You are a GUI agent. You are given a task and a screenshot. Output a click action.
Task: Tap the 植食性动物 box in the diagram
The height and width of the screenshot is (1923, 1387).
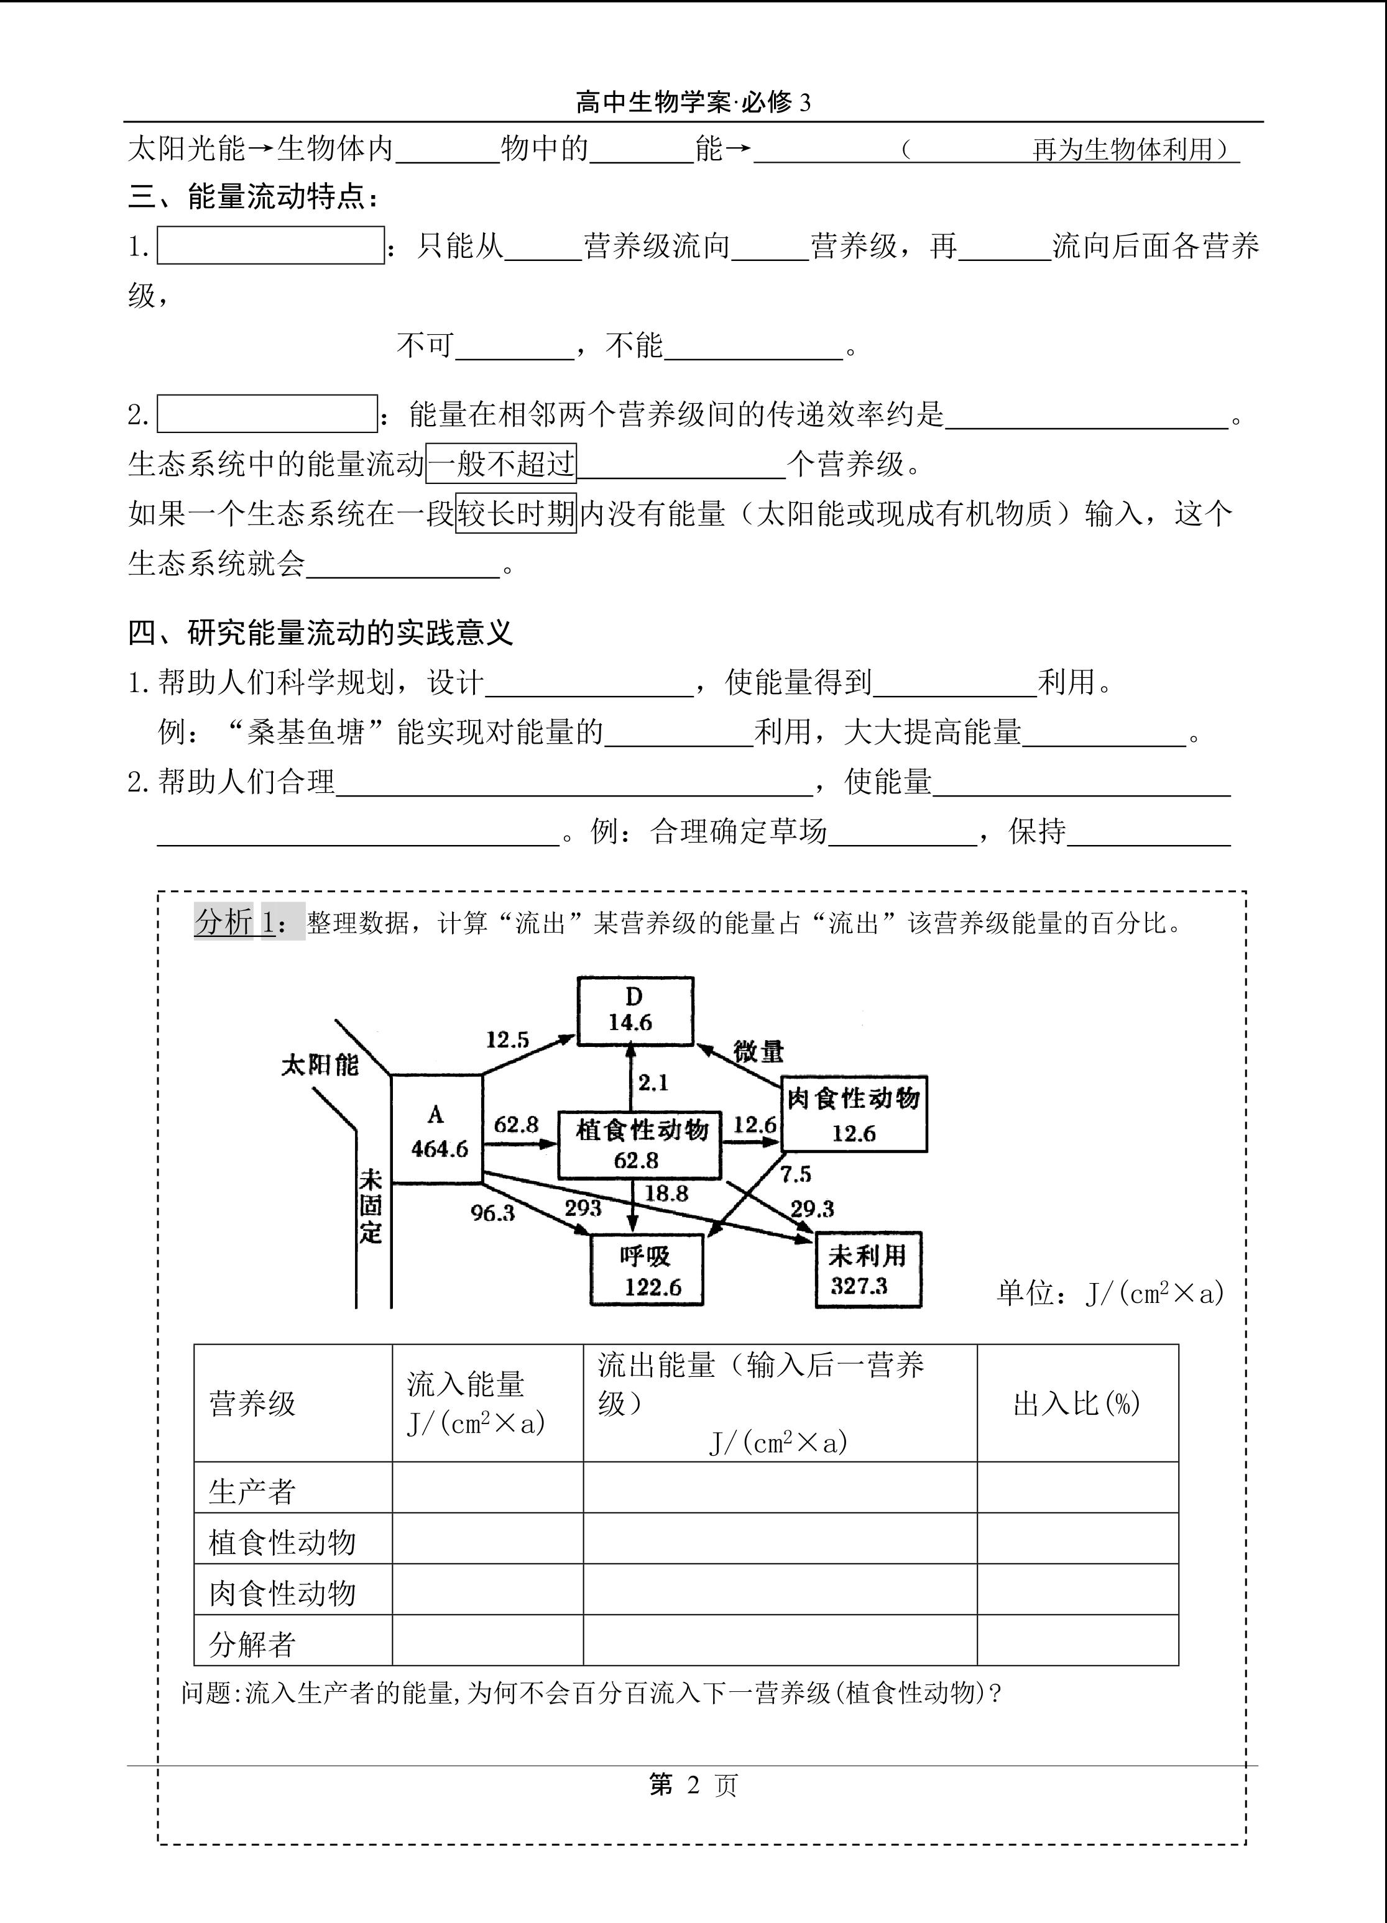coord(640,1144)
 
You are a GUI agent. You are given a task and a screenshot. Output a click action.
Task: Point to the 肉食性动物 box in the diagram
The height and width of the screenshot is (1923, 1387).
coord(854,1113)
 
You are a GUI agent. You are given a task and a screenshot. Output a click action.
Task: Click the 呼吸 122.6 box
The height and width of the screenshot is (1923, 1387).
coord(647,1269)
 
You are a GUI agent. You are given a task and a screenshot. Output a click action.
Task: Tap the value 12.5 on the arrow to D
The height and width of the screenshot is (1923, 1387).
coord(507,1039)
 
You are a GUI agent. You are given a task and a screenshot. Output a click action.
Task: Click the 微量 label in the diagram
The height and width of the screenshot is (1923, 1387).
coord(758,1051)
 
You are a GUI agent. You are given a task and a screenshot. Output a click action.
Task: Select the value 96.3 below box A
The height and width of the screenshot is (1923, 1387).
coord(493,1212)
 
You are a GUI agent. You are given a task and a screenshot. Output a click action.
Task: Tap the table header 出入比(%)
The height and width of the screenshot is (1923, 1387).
coord(1077,1403)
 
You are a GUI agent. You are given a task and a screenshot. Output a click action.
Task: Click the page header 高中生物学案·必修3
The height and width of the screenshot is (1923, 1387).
coord(693,103)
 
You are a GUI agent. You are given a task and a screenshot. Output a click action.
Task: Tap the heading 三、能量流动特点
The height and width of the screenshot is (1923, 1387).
coord(253,198)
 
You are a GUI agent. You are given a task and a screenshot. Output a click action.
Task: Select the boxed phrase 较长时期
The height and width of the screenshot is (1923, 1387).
coord(516,513)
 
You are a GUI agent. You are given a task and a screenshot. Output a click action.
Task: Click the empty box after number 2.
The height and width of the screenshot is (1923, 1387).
coord(267,414)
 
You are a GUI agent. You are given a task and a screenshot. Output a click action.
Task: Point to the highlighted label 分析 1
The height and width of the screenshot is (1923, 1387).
coord(249,921)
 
